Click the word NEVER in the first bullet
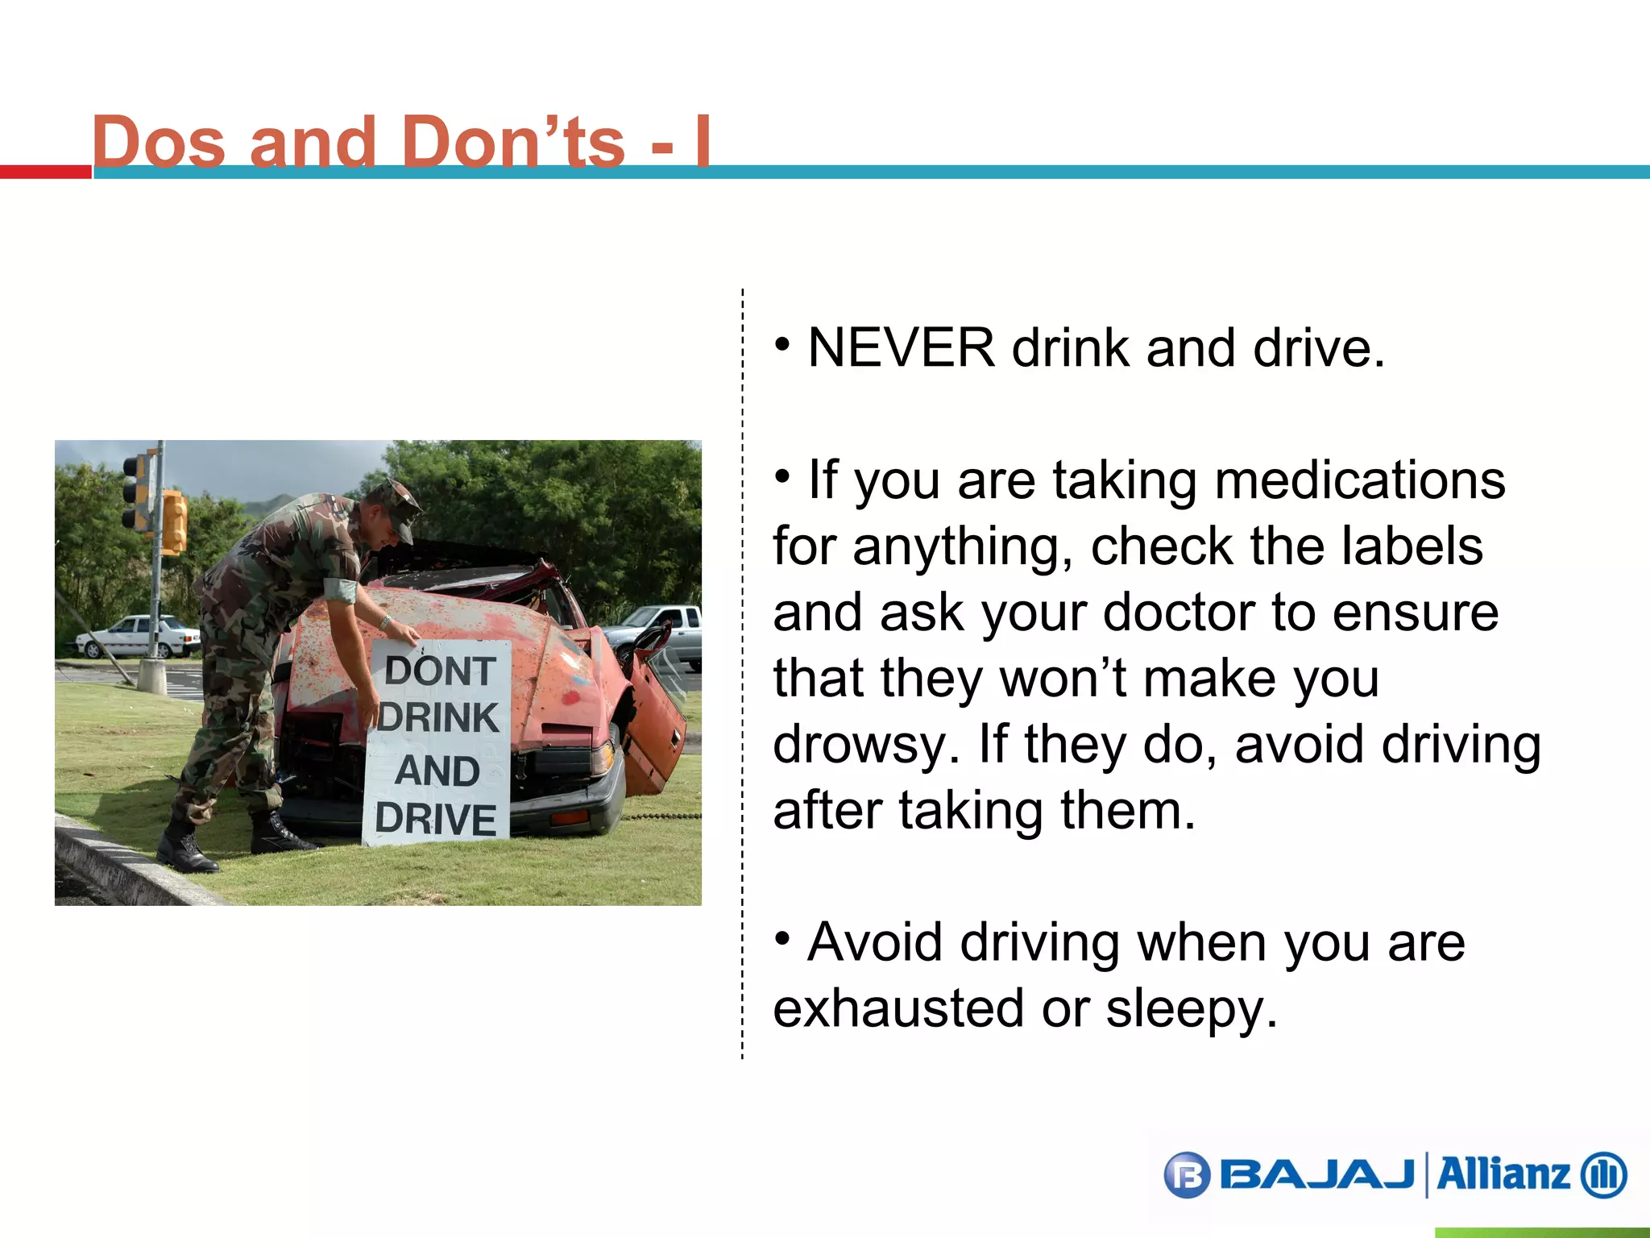coord(901,348)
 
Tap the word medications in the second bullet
coord(1359,480)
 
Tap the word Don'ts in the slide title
coord(512,142)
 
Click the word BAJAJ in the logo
coord(1316,1174)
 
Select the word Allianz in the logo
coord(1503,1174)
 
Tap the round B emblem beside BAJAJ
coord(1188,1175)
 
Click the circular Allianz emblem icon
coord(1603,1175)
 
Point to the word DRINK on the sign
coord(439,717)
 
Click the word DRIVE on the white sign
coord(436,819)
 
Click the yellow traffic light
coord(174,522)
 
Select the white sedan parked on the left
coord(138,636)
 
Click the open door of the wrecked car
coord(654,717)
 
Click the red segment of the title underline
coord(46,172)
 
